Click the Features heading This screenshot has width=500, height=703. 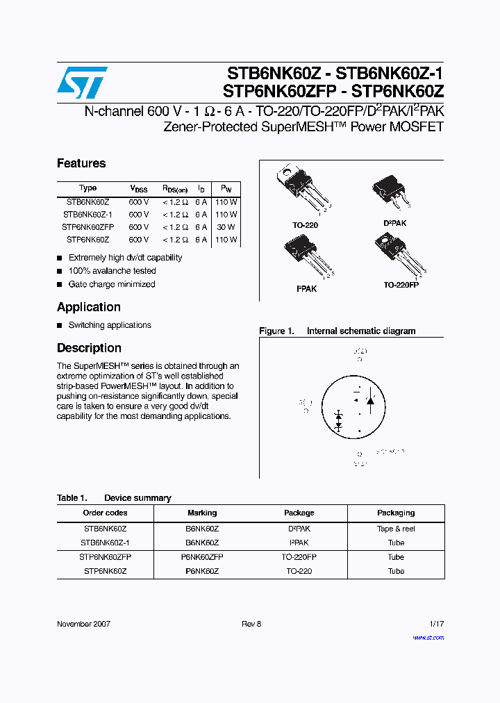click(81, 164)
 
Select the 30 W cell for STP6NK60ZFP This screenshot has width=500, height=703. click(226, 227)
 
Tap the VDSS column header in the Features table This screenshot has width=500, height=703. click(139, 189)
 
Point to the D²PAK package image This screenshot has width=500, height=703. click(393, 191)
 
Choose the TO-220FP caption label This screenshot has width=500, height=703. click(401, 285)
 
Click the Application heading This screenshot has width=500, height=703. click(89, 307)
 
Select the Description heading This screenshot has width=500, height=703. click(89, 348)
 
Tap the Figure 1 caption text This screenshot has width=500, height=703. click(337, 331)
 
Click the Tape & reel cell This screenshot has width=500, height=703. click(396, 529)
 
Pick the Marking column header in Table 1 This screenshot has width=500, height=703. click(202, 513)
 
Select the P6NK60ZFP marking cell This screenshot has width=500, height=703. click(202, 557)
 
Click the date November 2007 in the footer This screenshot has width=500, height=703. click(83, 624)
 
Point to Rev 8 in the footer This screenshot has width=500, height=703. click(251, 624)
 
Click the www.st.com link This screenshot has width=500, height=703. click(428, 637)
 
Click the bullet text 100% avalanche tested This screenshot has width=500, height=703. click(112, 271)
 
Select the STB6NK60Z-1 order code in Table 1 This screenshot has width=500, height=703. click(105, 543)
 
